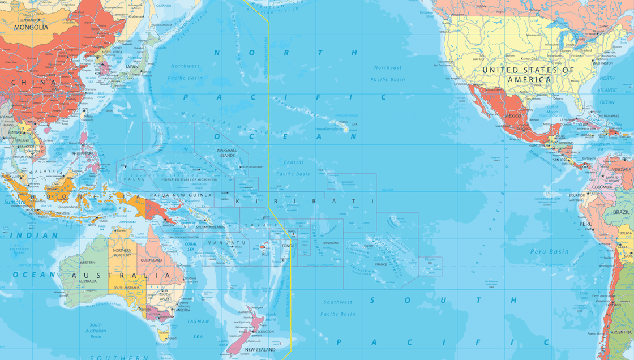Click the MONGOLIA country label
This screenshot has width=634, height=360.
pos(31,27)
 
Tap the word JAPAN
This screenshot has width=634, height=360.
pos(131,67)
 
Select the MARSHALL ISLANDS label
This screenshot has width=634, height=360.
pos(227,153)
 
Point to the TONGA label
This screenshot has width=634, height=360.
pos(288,246)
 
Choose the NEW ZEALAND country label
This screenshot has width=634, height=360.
pos(260,350)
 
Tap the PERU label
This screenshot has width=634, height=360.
pos(585,224)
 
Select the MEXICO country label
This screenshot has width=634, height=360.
pos(512,116)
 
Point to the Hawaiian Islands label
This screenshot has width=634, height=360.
pos(329,129)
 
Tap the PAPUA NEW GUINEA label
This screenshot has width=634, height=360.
pos(181,195)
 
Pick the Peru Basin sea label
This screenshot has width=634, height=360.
pos(549,251)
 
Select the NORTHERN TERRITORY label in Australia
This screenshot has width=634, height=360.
pos(122,253)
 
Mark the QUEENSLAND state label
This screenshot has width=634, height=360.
pos(151,260)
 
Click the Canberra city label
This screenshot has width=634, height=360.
pos(182,310)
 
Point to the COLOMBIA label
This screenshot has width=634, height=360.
pos(602,187)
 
